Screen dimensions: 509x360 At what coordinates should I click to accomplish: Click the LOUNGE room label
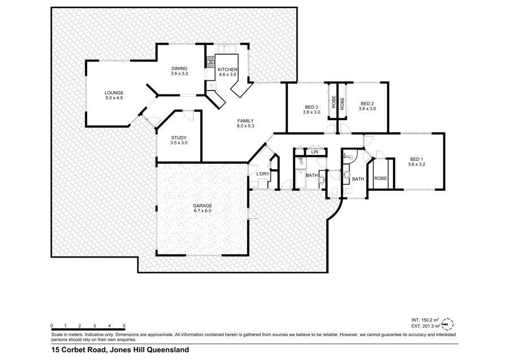coord(114,93)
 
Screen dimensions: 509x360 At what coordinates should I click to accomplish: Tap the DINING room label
coord(179,68)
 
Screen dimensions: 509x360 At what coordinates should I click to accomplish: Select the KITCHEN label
coord(227,70)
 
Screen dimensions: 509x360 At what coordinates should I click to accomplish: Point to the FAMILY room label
coord(245,121)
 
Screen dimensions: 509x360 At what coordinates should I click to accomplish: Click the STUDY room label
coord(179,138)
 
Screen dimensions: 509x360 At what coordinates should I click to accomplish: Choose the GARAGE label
coord(202,205)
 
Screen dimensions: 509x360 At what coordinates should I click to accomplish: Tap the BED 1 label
coord(416,159)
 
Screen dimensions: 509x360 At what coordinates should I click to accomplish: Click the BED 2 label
coord(367,104)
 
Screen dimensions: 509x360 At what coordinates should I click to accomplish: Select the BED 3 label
coord(311,107)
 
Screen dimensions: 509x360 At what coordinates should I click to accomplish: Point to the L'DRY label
coord(263,174)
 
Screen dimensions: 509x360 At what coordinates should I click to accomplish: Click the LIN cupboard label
coord(314,152)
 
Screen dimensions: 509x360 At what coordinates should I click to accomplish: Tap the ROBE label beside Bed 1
coord(381,178)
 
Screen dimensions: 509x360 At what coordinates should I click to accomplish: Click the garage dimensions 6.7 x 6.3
coord(202,211)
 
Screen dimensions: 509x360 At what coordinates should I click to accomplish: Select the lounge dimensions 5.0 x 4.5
coord(114,98)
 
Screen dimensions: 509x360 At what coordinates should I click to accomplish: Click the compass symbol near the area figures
coord(448,323)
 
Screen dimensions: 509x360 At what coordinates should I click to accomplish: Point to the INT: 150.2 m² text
coord(425,320)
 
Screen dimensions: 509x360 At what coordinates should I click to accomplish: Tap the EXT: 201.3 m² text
coord(425,326)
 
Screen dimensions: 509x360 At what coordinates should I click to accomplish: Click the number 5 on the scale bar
coord(124,325)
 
